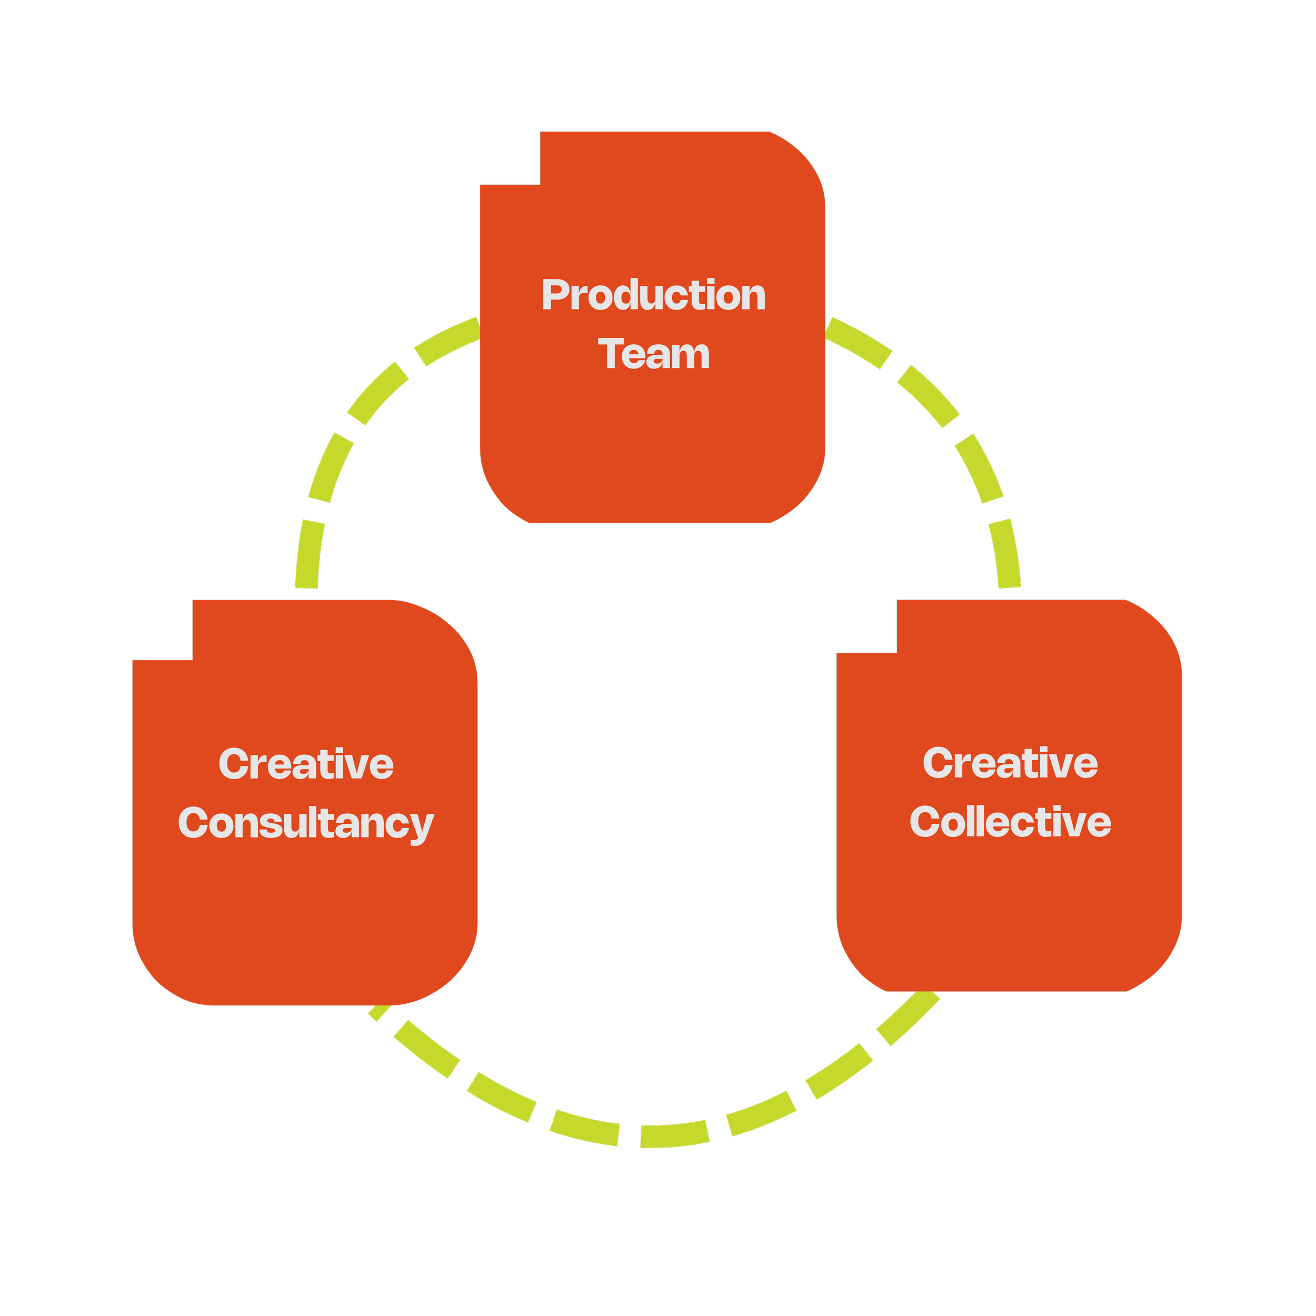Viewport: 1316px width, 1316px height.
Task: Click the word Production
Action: pos(653,294)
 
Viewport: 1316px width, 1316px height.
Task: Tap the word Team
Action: pos(653,354)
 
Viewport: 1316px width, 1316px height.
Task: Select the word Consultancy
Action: pos(306,825)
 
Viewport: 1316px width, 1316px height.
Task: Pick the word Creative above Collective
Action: pos(1010,762)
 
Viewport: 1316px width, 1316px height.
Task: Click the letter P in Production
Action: pos(555,294)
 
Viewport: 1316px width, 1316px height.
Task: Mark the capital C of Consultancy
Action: pos(193,822)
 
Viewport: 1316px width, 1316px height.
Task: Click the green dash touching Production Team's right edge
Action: pos(858,343)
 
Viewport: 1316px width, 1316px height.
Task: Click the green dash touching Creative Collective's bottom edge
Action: pos(908,1019)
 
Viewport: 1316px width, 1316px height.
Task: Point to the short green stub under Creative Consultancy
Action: pos(380,1013)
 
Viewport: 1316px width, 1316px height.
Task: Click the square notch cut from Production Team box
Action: pos(510,158)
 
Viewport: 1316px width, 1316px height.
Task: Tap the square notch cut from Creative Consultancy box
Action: pos(162,630)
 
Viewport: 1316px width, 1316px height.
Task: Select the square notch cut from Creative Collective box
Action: pos(866,626)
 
